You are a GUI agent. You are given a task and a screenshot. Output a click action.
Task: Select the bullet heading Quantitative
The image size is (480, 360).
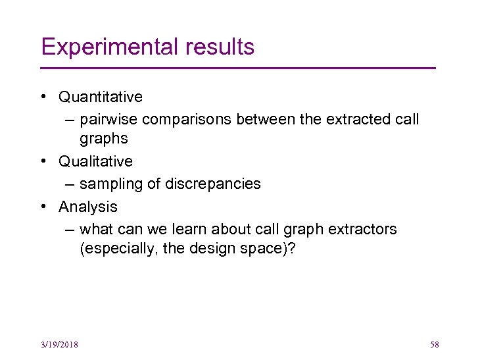pos(100,97)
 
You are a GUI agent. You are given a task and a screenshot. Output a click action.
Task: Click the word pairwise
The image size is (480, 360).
pos(108,120)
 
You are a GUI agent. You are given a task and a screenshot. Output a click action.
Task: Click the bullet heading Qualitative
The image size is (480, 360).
pos(95,161)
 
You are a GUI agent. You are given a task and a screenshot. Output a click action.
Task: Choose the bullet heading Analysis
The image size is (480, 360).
pos(88,207)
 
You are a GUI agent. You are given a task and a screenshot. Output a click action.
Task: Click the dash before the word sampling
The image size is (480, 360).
pos(70,184)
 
